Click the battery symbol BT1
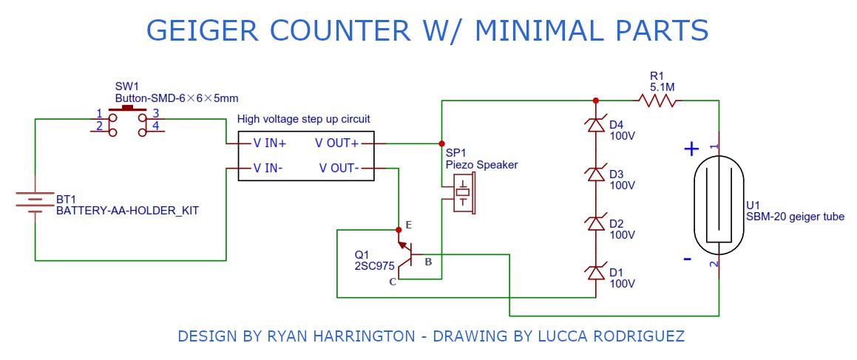pyautogui.click(x=35, y=202)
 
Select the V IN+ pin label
pyautogui.click(x=270, y=143)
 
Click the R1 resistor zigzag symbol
pyautogui.click(x=659, y=101)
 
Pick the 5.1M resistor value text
pyautogui.click(x=662, y=86)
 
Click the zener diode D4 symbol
pyautogui.click(x=596, y=126)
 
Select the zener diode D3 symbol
pyautogui.click(x=596, y=174)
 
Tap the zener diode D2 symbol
pyautogui.click(x=596, y=224)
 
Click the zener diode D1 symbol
pyautogui.click(x=596, y=273)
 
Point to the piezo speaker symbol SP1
pyautogui.click(x=463, y=194)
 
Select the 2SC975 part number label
pyautogui.click(x=375, y=266)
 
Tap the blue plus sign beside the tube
pyautogui.click(x=691, y=149)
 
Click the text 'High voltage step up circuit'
pyautogui.click(x=303, y=118)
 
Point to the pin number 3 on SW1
pyautogui.click(x=155, y=113)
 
